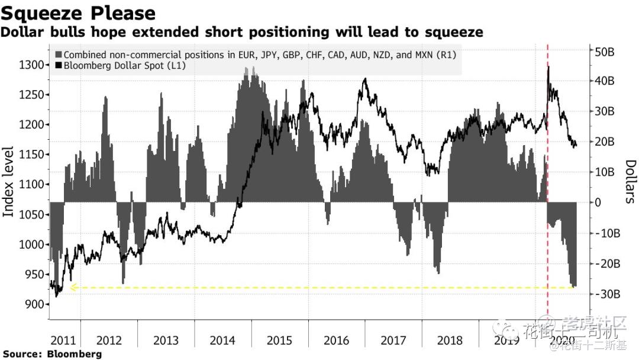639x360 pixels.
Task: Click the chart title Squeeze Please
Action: [78, 13]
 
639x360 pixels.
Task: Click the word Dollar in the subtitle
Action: [21, 32]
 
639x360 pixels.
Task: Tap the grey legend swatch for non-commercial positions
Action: [58, 54]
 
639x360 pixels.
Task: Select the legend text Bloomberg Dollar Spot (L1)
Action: [125, 66]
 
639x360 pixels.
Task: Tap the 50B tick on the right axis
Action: [604, 52]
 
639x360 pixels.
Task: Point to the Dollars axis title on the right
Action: [630, 181]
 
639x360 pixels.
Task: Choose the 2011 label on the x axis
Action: [63, 340]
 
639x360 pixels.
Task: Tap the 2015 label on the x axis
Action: [279, 340]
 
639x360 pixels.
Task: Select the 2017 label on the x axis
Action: [393, 340]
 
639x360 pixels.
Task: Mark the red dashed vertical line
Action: [547, 178]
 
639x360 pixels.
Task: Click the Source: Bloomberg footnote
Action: [52, 354]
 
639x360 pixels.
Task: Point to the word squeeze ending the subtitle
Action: [456, 32]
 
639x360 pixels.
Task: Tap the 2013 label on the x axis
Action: [166, 340]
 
